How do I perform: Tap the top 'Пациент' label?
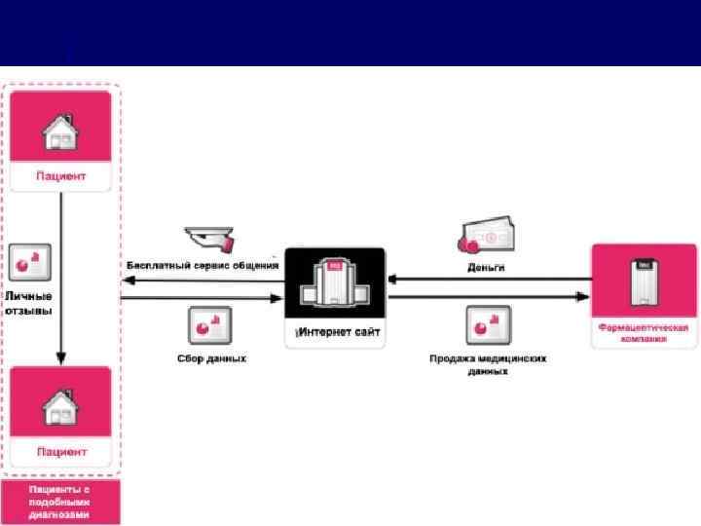(x=61, y=176)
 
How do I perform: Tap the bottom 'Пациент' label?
(x=61, y=452)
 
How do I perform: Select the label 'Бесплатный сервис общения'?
(x=203, y=265)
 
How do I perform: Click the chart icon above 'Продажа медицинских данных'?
(x=488, y=324)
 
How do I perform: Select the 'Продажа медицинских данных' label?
(x=488, y=363)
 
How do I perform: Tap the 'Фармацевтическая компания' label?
(x=644, y=334)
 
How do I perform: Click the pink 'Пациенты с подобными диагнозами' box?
(x=61, y=502)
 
